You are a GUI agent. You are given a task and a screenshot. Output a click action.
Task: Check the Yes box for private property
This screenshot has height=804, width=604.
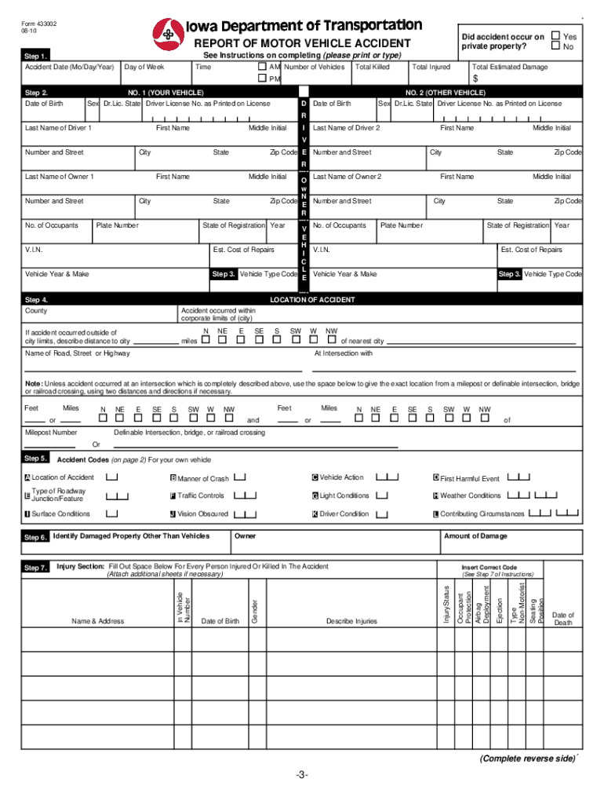555,36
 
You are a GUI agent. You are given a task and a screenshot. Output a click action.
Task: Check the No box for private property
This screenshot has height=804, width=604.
555,47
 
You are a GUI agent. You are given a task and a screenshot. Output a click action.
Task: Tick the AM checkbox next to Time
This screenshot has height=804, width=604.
263,68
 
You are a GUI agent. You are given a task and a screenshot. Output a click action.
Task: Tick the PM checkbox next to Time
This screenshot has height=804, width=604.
263,79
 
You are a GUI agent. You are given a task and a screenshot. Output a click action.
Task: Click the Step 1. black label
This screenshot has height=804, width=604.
37,57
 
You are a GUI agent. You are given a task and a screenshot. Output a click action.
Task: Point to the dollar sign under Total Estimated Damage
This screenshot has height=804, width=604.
475,79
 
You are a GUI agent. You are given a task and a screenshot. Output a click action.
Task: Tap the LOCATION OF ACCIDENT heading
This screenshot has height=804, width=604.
312,300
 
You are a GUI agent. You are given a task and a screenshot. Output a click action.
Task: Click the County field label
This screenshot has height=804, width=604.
36,311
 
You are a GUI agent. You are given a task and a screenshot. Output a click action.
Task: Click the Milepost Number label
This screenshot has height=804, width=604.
51,433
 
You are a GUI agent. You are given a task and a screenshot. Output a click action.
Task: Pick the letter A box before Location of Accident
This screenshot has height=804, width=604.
27,478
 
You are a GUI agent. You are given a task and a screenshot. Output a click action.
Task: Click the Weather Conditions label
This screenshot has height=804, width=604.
470,495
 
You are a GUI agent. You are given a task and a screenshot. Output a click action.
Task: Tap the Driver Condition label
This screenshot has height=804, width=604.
344,514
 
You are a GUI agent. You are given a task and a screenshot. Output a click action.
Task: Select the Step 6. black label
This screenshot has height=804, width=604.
36,537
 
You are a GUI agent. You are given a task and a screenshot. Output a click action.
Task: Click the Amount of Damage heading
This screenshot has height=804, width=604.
474,536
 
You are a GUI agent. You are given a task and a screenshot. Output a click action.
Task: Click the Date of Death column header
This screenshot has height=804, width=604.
563,619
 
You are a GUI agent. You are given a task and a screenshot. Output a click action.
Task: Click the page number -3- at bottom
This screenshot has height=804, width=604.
302,776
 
